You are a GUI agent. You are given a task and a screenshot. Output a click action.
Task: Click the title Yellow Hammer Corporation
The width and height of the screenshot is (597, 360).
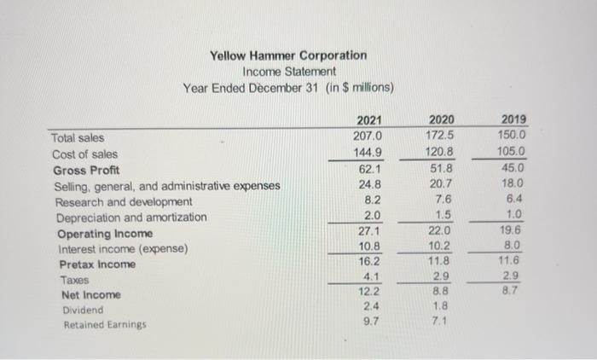(289, 55)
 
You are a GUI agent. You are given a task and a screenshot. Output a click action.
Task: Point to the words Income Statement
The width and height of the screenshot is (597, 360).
(289, 72)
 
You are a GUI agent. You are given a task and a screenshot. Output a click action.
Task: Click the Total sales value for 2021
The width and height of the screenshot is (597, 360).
(368, 135)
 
